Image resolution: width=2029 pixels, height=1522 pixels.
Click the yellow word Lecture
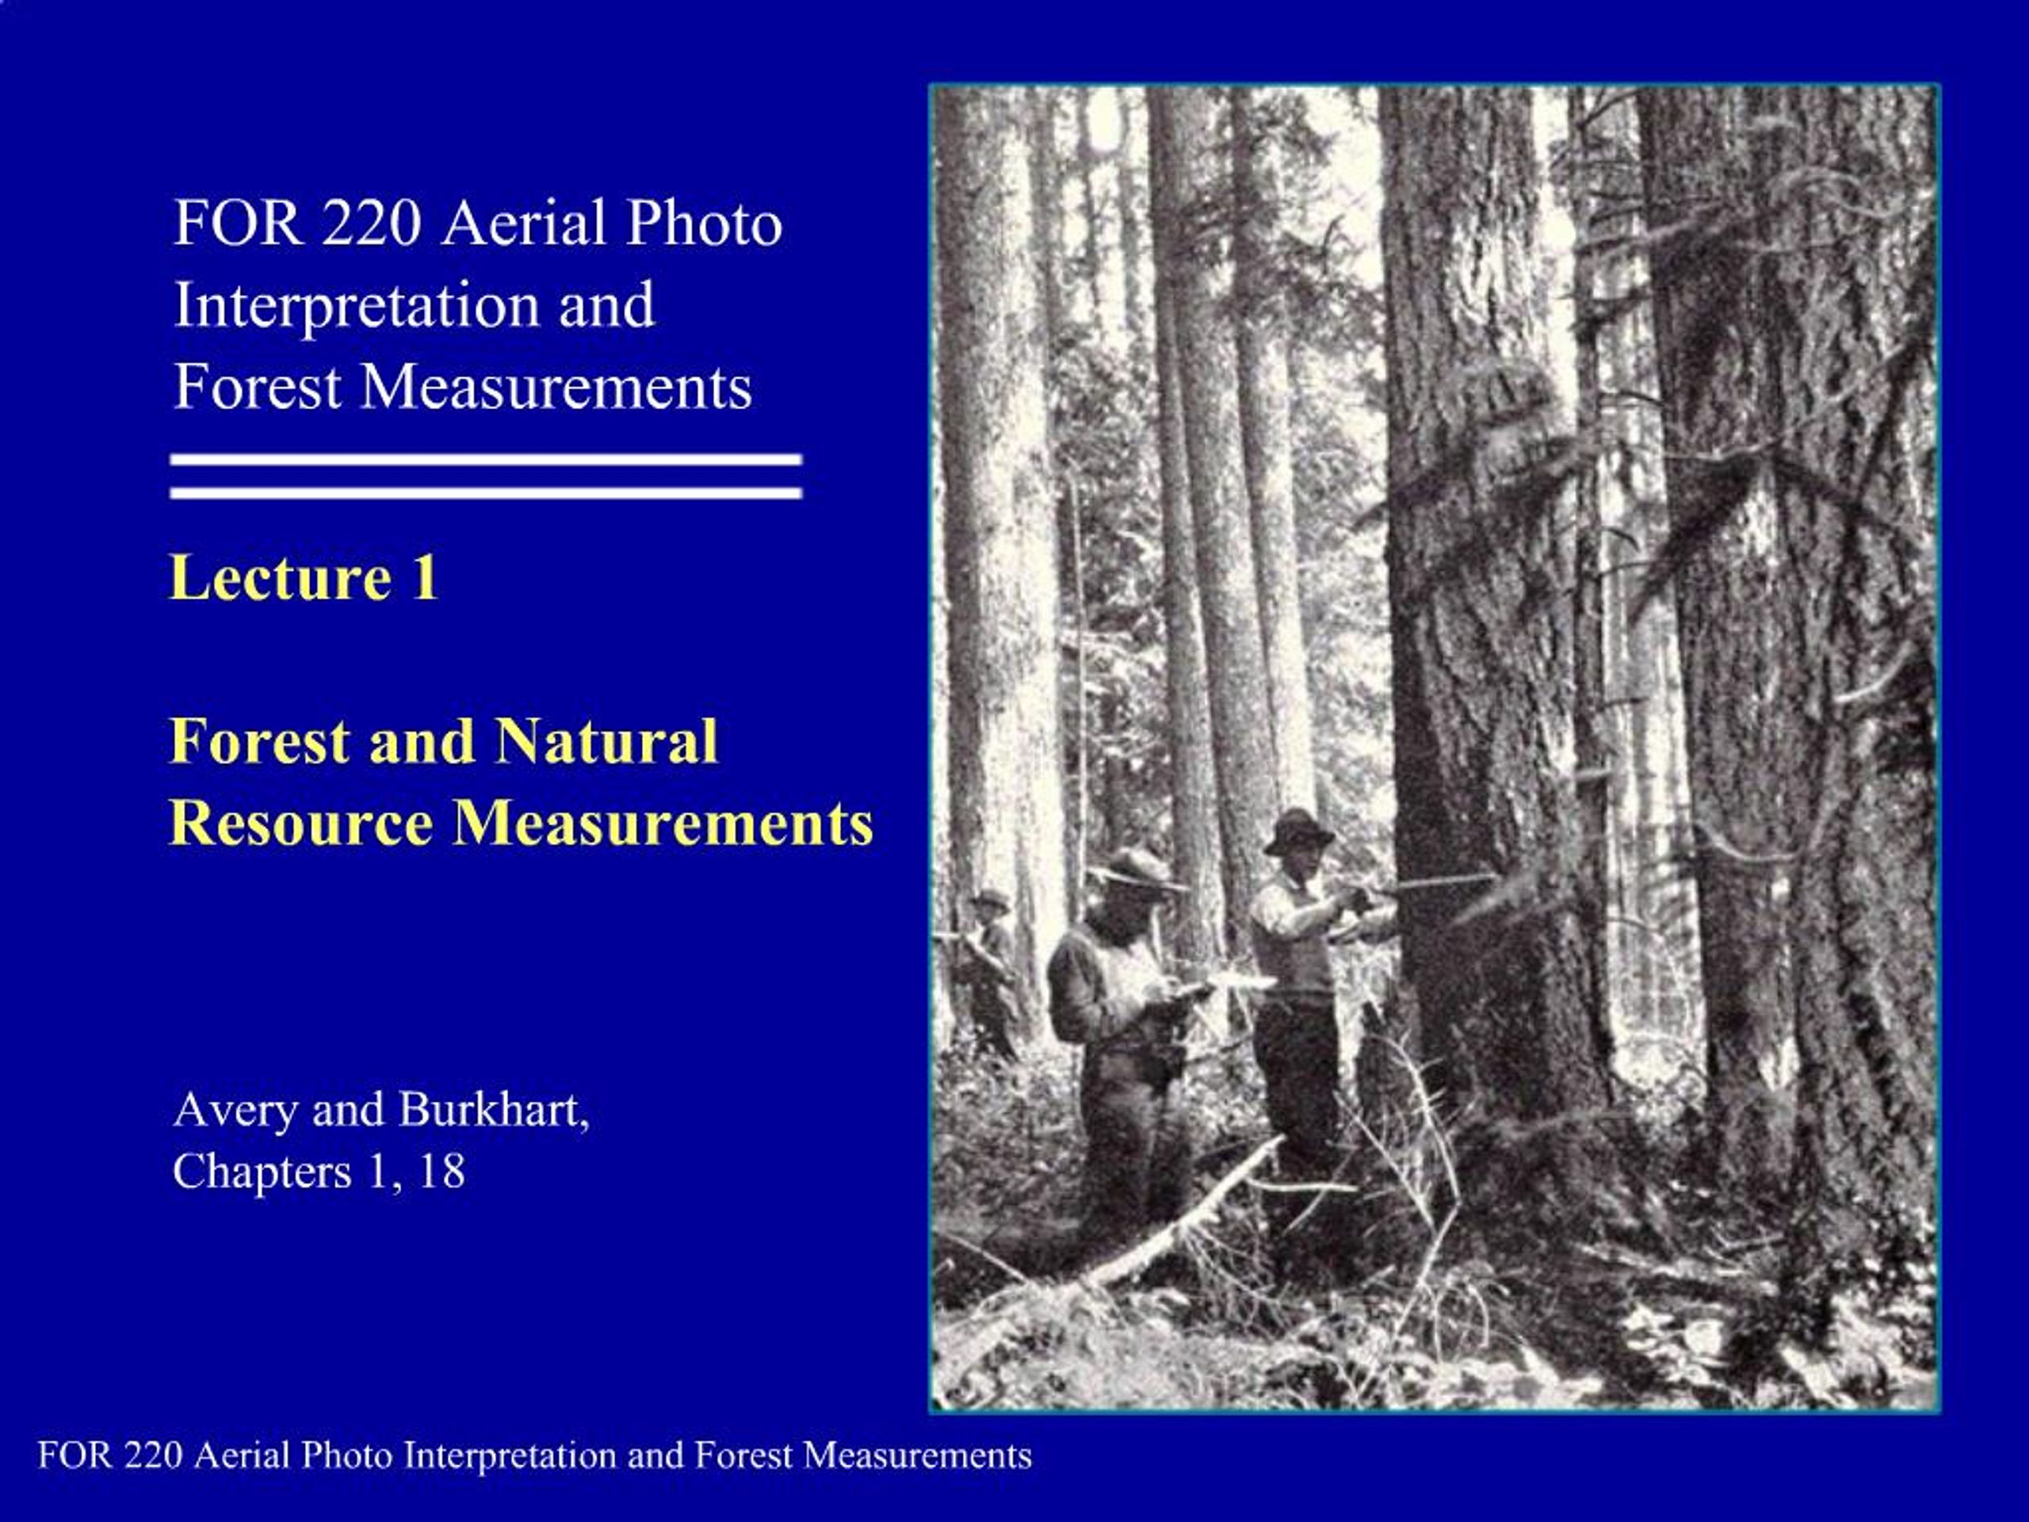(280, 578)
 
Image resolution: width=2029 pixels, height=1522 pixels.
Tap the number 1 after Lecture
(424, 578)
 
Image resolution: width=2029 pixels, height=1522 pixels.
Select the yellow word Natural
(606, 740)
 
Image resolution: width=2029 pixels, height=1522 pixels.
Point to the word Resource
(301, 822)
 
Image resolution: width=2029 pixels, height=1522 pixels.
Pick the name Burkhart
(494, 1109)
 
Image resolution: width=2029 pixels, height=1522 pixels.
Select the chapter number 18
(441, 1172)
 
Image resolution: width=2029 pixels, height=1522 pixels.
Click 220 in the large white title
(371, 223)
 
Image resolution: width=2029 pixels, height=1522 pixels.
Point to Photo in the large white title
(704, 223)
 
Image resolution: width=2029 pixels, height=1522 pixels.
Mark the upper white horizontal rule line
(486, 460)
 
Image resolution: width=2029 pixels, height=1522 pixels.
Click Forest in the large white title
(258, 386)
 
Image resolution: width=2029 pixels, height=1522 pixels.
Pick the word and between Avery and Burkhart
(348, 1110)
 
